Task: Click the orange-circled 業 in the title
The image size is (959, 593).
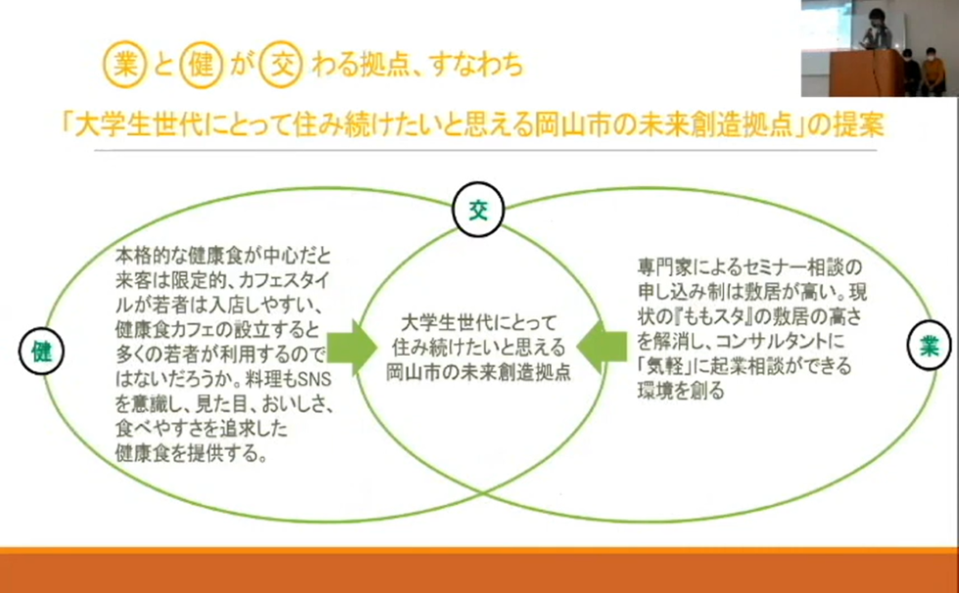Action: pos(124,65)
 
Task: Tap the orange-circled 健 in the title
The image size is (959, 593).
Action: pos(201,65)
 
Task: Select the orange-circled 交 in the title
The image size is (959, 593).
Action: pos(281,65)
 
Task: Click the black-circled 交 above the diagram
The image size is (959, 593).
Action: pos(478,210)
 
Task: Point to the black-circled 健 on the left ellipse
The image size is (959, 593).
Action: pos(41,351)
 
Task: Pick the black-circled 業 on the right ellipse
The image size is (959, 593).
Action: pos(929,346)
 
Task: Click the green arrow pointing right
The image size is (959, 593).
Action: pos(352,348)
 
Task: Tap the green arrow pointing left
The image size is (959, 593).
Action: pos(601,347)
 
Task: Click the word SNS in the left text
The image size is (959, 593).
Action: pos(314,379)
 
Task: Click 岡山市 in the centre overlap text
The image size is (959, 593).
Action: pos(412,372)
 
